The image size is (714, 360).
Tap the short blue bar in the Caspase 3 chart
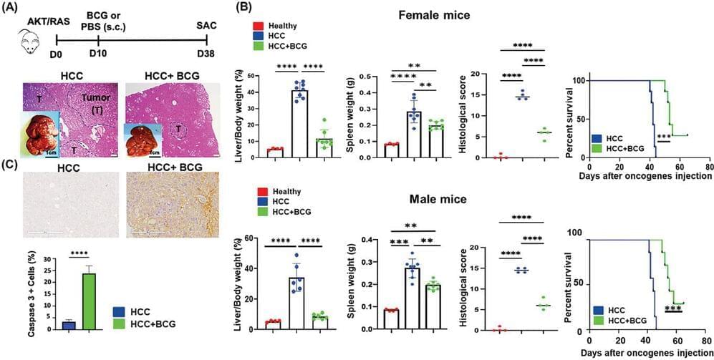pos(69,325)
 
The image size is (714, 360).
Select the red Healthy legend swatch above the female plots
pos(257,25)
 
